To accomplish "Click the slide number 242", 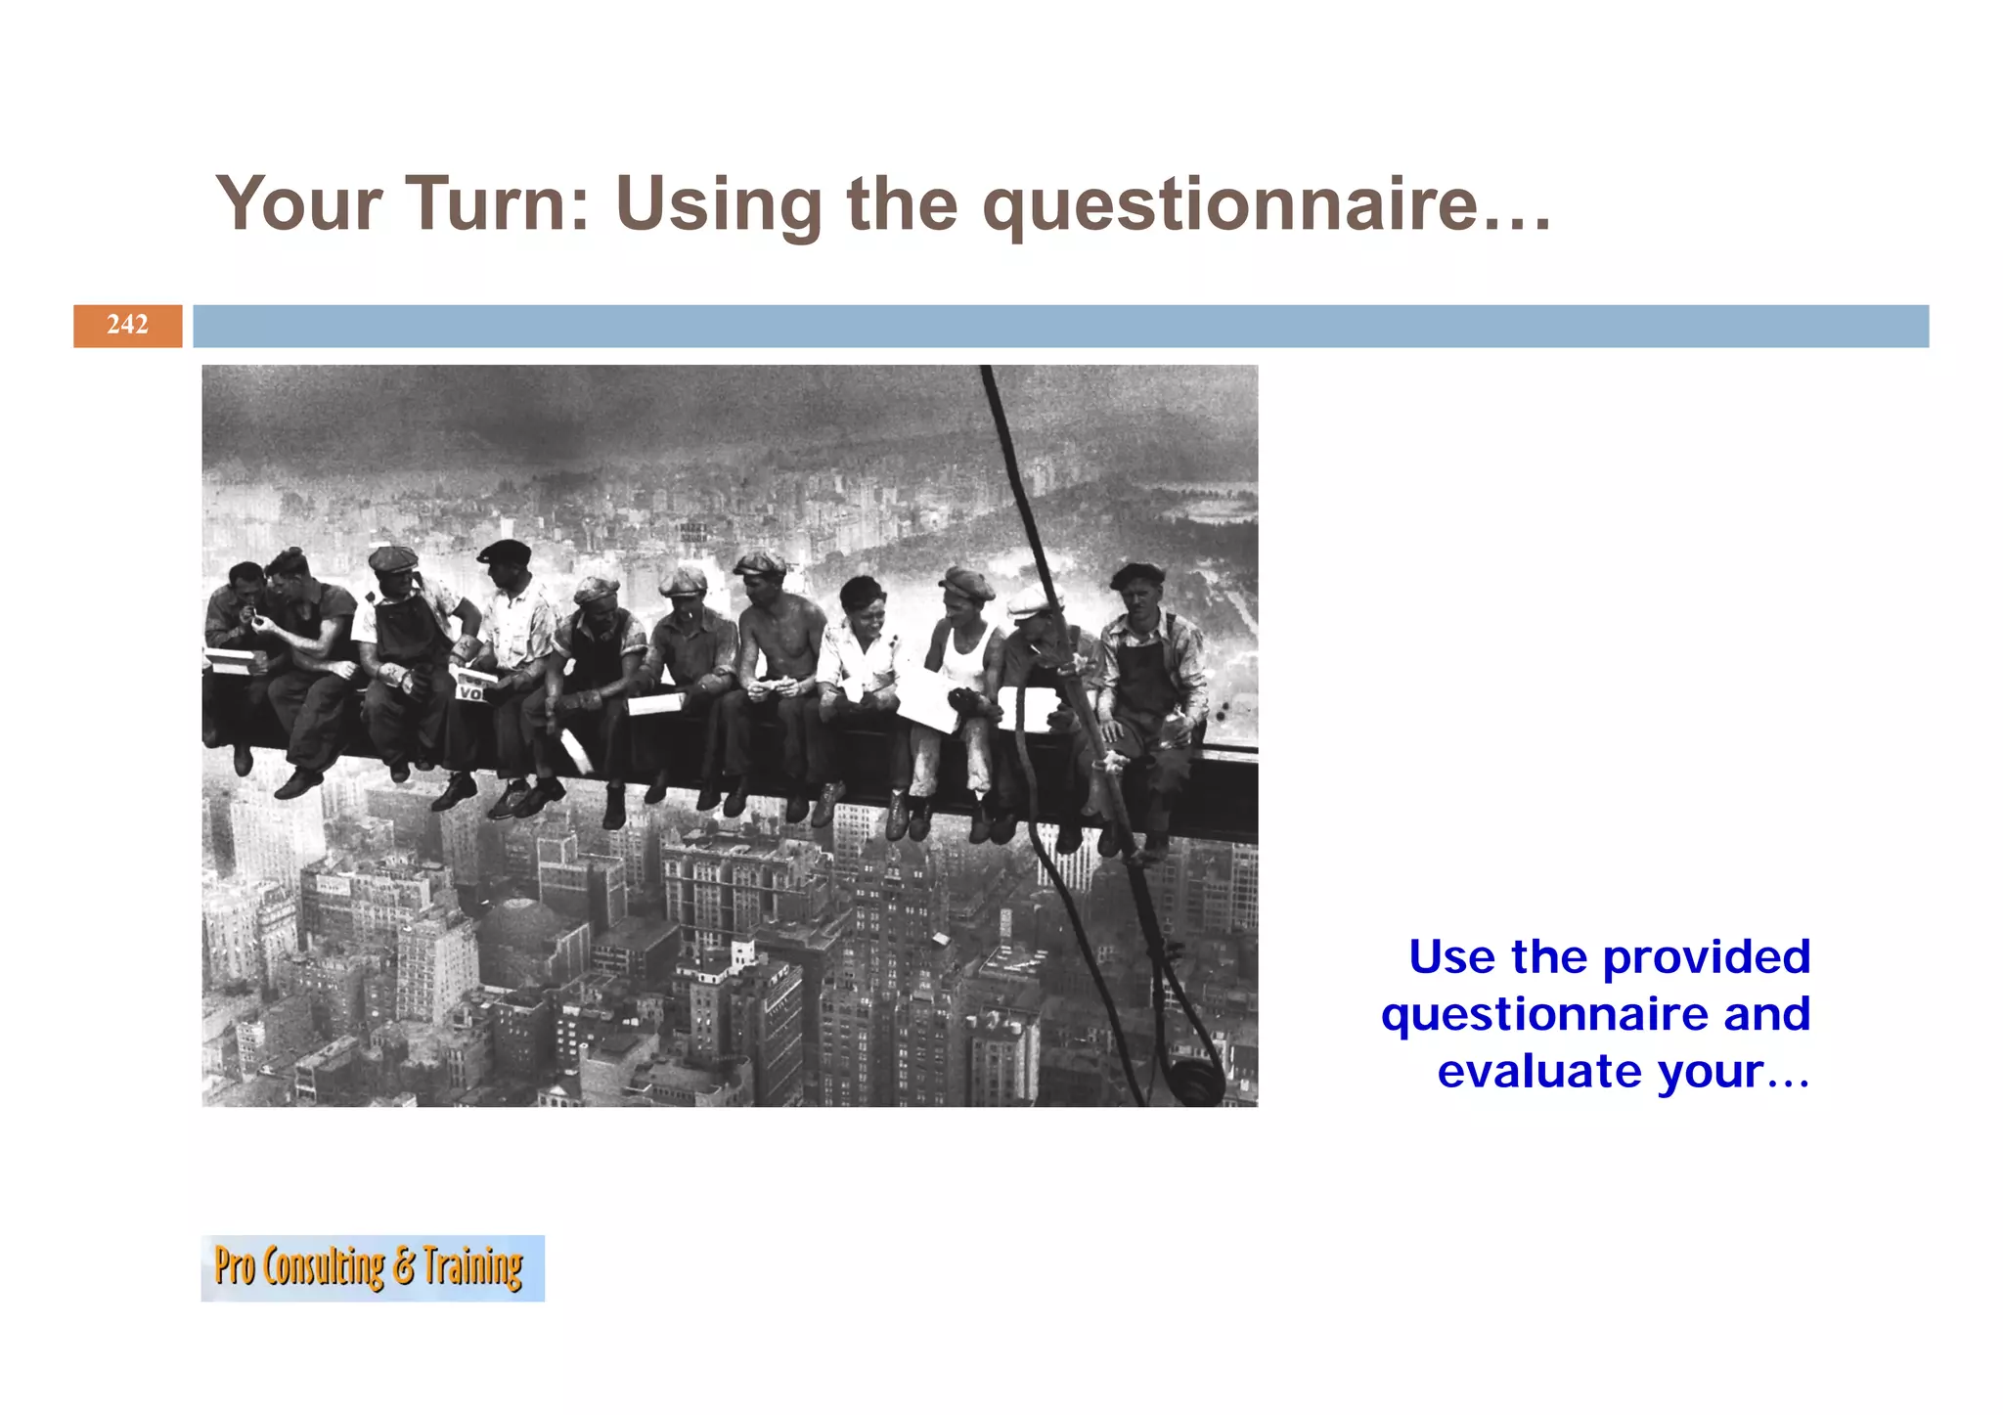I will tap(127, 325).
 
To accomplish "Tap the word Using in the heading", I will tap(717, 205).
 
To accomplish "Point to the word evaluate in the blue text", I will tap(1539, 1071).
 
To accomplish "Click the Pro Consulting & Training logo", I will tap(372, 1267).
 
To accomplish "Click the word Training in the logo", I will tap(473, 1267).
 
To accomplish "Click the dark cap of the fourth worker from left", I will tap(505, 552).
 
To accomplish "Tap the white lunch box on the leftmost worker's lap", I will tap(235, 661).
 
